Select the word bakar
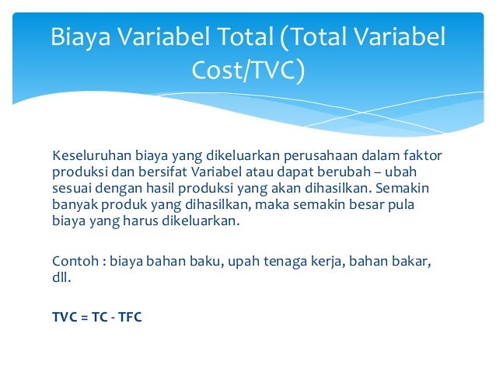click(410, 261)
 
